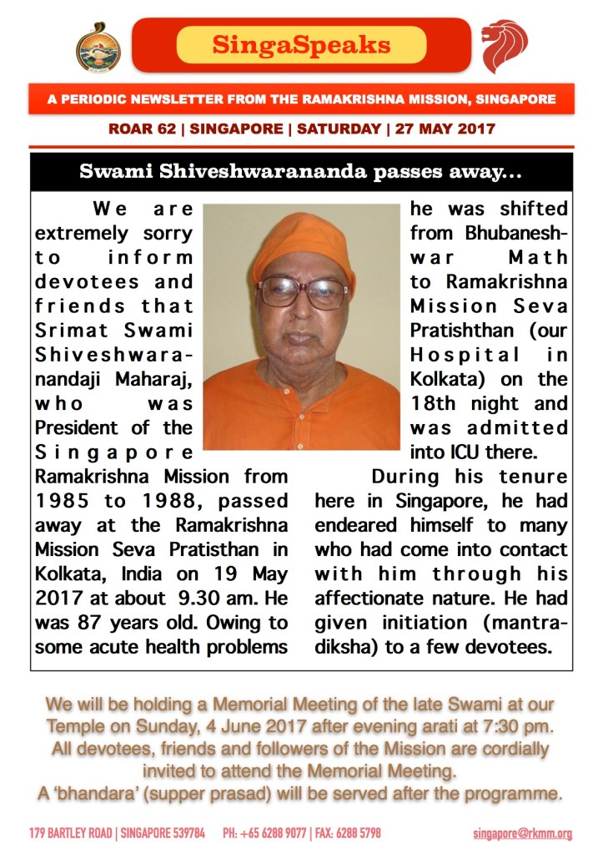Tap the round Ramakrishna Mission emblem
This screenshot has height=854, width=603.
pyautogui.click(x=98, y=47)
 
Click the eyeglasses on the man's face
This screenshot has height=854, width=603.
pyautogui.click(x=301, y=292)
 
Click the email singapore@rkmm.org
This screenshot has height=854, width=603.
pyautogui.click(x=522, y=833)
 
